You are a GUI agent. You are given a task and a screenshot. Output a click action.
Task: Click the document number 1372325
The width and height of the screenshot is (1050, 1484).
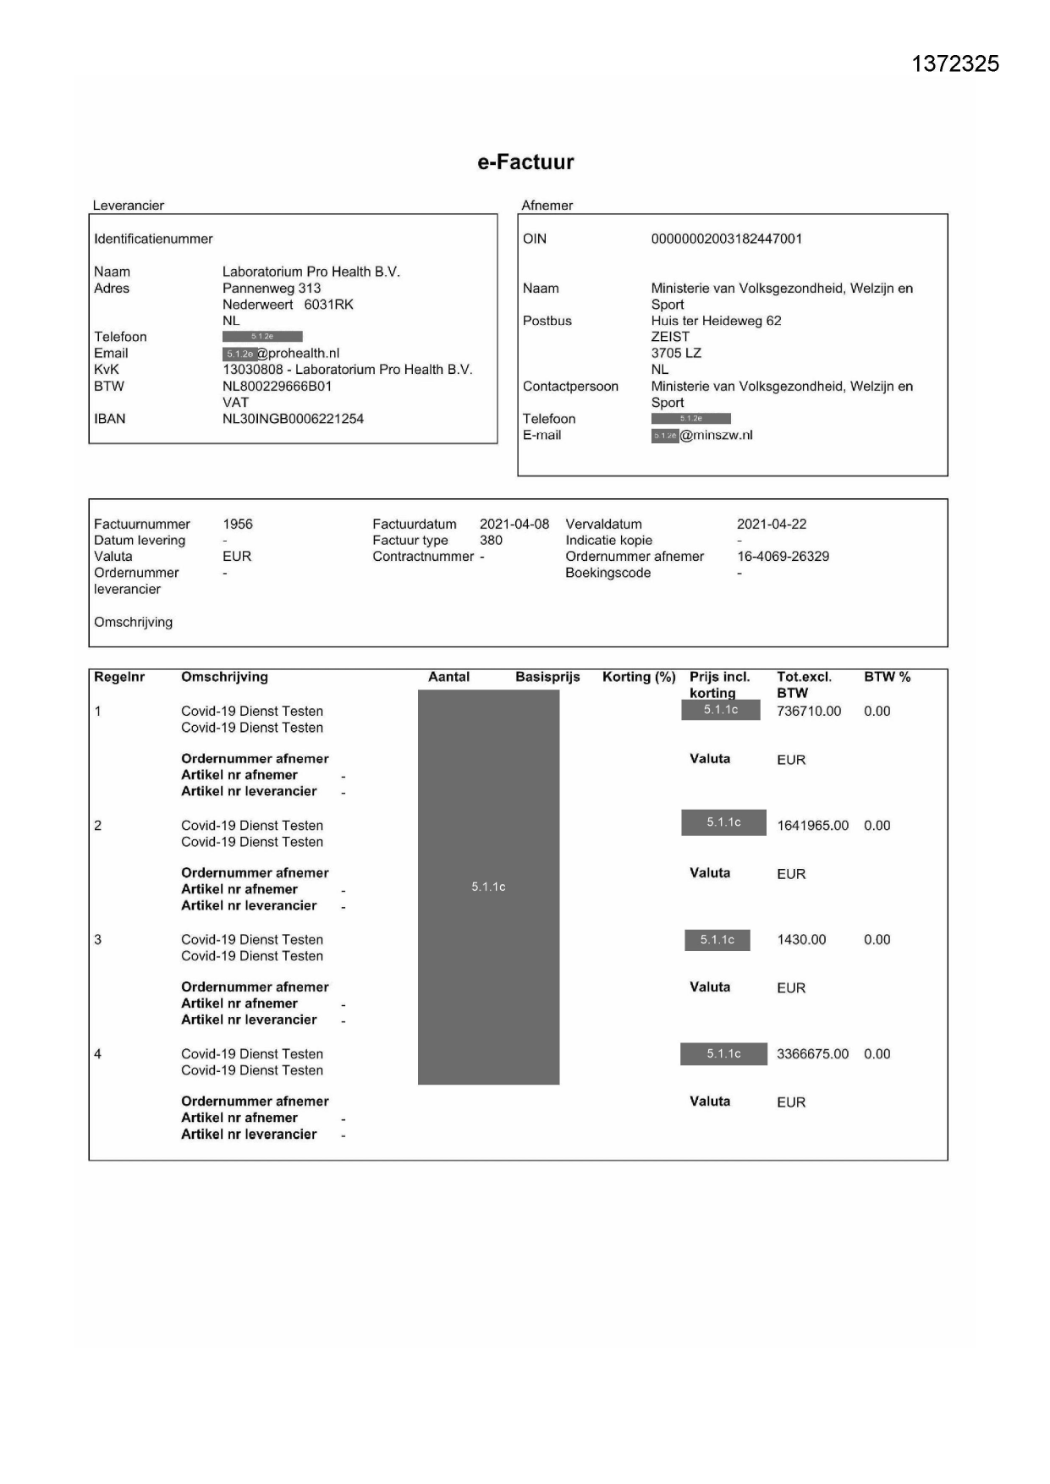coord(955,64)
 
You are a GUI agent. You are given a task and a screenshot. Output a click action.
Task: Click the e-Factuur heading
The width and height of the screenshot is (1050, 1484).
coord(525,162)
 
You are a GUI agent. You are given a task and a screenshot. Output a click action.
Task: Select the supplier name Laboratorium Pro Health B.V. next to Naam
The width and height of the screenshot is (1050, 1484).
coord(311,272)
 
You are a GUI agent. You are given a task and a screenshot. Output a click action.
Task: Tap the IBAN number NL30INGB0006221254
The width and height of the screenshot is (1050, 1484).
coord(293,419)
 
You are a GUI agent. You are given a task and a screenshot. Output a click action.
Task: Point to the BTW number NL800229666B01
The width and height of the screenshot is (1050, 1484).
coord(277,387)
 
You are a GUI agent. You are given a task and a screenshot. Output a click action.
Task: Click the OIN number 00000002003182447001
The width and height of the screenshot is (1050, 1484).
coord(726,239)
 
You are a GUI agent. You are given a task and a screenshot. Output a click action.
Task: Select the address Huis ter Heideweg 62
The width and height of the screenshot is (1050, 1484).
coord(716,321)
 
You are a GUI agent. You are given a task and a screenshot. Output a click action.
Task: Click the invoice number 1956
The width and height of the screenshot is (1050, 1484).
coord(238,525)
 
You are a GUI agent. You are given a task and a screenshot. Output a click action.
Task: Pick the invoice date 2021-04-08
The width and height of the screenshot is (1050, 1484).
coord(514,525)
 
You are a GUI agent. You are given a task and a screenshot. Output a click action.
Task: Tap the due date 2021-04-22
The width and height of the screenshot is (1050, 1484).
coord(772,525)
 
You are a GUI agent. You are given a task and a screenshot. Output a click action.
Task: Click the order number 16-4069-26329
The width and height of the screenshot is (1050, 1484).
coord(783,557)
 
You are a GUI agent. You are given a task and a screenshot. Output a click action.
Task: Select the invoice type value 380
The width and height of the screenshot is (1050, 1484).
coord(491,541)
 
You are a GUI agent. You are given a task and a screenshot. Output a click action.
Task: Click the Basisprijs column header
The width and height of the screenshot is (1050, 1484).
coord(547,677)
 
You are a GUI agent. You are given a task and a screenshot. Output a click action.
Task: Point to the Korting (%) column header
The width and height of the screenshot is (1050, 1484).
coord(639,677)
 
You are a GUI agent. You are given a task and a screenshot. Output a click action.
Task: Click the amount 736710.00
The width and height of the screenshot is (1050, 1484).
coord(809,712)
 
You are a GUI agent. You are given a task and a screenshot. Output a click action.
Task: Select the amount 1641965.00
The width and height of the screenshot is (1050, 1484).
coord(812,826)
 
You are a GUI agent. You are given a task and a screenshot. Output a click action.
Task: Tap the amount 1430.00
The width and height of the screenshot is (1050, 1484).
coord(801,940)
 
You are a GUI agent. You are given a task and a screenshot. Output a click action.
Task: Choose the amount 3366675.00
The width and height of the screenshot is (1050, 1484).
coord(812,1054)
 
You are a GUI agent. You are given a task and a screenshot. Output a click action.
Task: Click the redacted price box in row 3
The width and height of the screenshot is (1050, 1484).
coord(717,940)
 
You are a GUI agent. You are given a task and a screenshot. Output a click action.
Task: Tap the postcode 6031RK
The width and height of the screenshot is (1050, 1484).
coord(328,305)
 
